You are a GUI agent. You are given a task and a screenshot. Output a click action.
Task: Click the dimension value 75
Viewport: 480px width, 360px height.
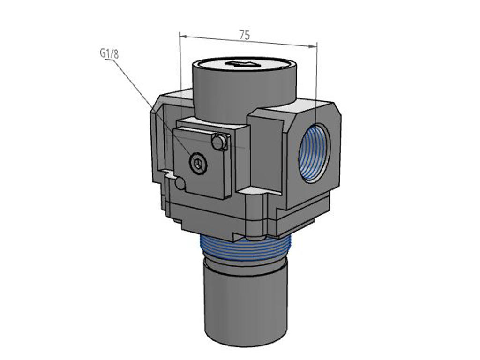click(244, 35)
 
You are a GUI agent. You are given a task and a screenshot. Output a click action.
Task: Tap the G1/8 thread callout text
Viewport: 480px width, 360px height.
click(109, 54)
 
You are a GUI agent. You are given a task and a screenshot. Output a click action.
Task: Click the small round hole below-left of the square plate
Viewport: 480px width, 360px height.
click(180, 183)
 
